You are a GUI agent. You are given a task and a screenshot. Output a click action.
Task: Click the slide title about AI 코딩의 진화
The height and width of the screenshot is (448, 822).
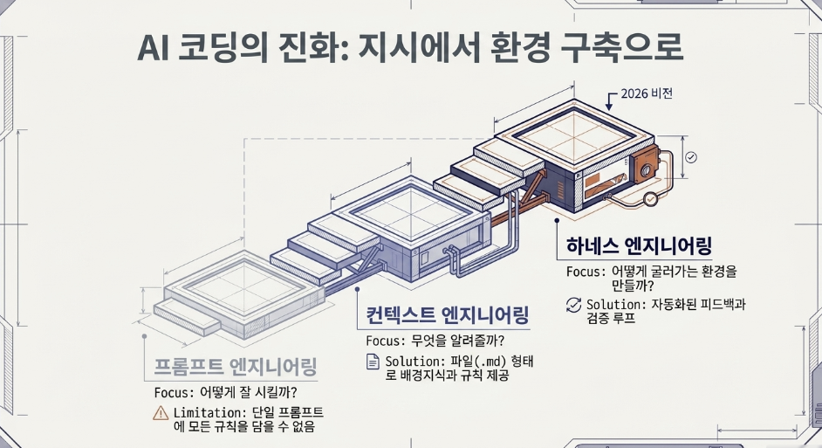coord(410,49)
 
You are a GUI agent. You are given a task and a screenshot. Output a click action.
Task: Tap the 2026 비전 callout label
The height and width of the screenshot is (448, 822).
coord(647,94)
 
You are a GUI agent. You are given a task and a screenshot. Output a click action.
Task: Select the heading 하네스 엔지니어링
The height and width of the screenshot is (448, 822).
coord(639,245)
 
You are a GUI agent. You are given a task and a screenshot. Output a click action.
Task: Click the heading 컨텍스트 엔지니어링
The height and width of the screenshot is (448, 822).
coord(447,315)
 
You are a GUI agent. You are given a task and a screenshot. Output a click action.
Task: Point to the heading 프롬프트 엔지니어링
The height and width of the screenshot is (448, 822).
coord(236,366)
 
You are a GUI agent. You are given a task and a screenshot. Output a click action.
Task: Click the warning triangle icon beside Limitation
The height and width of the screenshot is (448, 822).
coord(161,413)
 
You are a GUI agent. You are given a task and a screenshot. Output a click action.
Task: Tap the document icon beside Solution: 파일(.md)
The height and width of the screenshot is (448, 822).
coord(373,362)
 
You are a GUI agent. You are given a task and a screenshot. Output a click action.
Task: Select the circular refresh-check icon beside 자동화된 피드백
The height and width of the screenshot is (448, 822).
coord(573,305)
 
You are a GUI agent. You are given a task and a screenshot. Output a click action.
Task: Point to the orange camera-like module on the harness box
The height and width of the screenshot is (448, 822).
coord(646,165)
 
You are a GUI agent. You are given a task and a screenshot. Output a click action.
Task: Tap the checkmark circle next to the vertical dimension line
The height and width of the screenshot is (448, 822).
coord(691,157)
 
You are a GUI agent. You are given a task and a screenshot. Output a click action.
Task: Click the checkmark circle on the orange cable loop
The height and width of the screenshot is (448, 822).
coord(651,199)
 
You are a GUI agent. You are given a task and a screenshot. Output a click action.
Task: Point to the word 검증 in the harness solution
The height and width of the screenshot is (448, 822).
coord(599,318)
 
